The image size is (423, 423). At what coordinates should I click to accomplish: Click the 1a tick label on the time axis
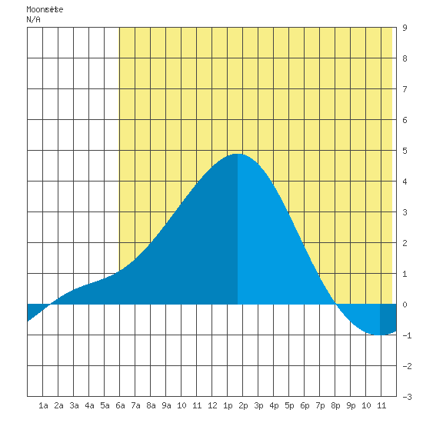43,405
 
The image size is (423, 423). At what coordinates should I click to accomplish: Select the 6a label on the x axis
120,405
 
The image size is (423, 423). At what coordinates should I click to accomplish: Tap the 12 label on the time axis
212,405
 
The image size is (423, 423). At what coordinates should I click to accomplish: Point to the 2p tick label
243,405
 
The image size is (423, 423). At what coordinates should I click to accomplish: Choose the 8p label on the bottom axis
335,405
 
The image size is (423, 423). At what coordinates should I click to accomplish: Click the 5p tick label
289,405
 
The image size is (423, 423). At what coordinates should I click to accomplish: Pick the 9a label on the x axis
166,405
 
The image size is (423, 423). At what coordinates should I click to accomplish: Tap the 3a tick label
74,405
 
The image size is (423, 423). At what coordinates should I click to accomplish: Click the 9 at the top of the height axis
405,28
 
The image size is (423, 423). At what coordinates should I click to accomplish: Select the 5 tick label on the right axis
405,151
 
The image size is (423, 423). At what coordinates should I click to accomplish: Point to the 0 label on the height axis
405,305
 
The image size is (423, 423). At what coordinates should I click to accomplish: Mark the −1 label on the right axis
407,335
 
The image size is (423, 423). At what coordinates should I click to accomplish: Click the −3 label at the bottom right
407,397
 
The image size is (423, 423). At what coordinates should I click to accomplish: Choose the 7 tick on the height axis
405,89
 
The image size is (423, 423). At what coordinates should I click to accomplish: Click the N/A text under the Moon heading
33,19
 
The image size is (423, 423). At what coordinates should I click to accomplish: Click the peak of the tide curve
238,154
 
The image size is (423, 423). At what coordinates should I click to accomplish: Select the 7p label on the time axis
320,405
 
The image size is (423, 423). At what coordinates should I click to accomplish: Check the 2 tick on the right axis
405,243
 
